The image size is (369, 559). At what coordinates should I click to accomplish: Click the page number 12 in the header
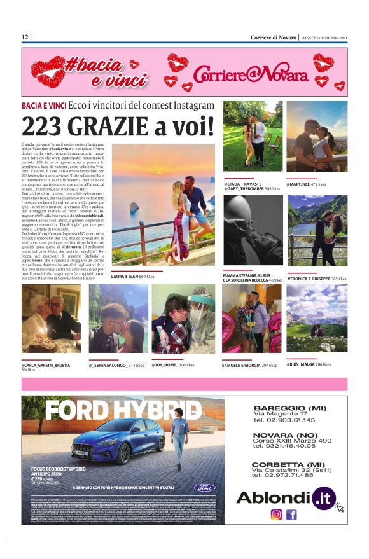pyautogui.click(x=25, y=37)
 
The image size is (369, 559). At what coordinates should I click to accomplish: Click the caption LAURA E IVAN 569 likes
pyautogui.click(x=132, y=277)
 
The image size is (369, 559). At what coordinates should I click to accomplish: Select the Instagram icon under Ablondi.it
pyautogui.click(x=276, y=514)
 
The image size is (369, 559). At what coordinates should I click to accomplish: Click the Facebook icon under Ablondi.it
pyautogui.click(x=291, y=514)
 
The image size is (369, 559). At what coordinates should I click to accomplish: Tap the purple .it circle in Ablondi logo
pyautogui.click(x=323, y=497)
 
